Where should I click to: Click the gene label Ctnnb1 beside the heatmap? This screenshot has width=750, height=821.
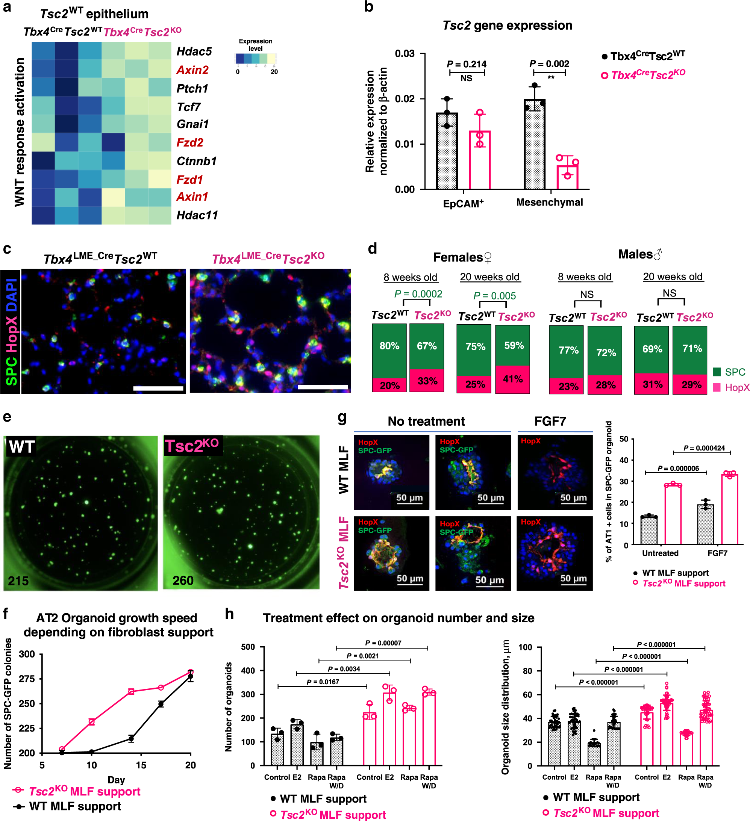[196, 161]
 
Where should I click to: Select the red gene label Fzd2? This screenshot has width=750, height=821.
[189, 142]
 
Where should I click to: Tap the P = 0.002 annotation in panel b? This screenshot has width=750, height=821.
[549, 64]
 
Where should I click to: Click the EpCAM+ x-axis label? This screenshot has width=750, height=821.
[463, 203]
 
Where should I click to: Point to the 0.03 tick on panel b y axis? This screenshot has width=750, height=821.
[405, 54]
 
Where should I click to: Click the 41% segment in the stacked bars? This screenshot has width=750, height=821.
[512, 379]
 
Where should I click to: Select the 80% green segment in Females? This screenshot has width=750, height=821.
[389, 346]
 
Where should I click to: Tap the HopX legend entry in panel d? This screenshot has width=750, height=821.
[731, 387]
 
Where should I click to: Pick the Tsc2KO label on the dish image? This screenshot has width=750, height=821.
[192, 446]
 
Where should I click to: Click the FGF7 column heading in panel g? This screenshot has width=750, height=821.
[550, 421]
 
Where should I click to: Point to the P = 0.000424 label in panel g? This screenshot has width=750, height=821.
[704, 448]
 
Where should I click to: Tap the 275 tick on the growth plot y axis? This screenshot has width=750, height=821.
[27, 679]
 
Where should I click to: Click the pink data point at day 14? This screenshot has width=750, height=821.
[131, 691]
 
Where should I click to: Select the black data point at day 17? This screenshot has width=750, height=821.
[161, 704]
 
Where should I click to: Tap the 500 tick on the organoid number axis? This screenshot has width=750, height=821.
[248, 647]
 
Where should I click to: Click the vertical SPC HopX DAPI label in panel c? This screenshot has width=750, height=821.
[11, 331]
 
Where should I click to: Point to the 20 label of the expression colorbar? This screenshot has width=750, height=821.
[274, 72]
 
